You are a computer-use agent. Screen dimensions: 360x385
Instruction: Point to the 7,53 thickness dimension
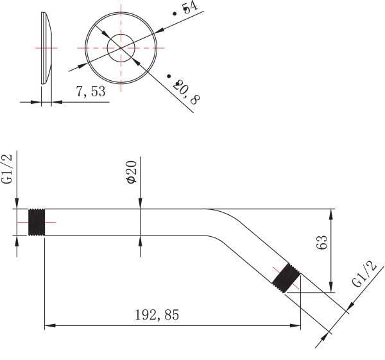[90, 92]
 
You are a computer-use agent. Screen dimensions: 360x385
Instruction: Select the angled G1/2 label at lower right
[363, 275]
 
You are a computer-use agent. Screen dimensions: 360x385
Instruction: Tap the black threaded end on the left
[37, 222]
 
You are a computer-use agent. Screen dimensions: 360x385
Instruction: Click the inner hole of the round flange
[121, 48]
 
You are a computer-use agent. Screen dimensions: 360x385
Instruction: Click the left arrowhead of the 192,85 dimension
[47, 326]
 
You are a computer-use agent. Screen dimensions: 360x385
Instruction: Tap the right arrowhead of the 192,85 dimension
[296, 326]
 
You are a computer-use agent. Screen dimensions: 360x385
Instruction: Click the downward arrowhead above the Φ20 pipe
[141, 205]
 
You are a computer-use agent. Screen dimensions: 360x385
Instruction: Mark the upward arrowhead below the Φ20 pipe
[141, 240]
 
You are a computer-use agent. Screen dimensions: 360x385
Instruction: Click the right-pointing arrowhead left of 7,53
[37, 101]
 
